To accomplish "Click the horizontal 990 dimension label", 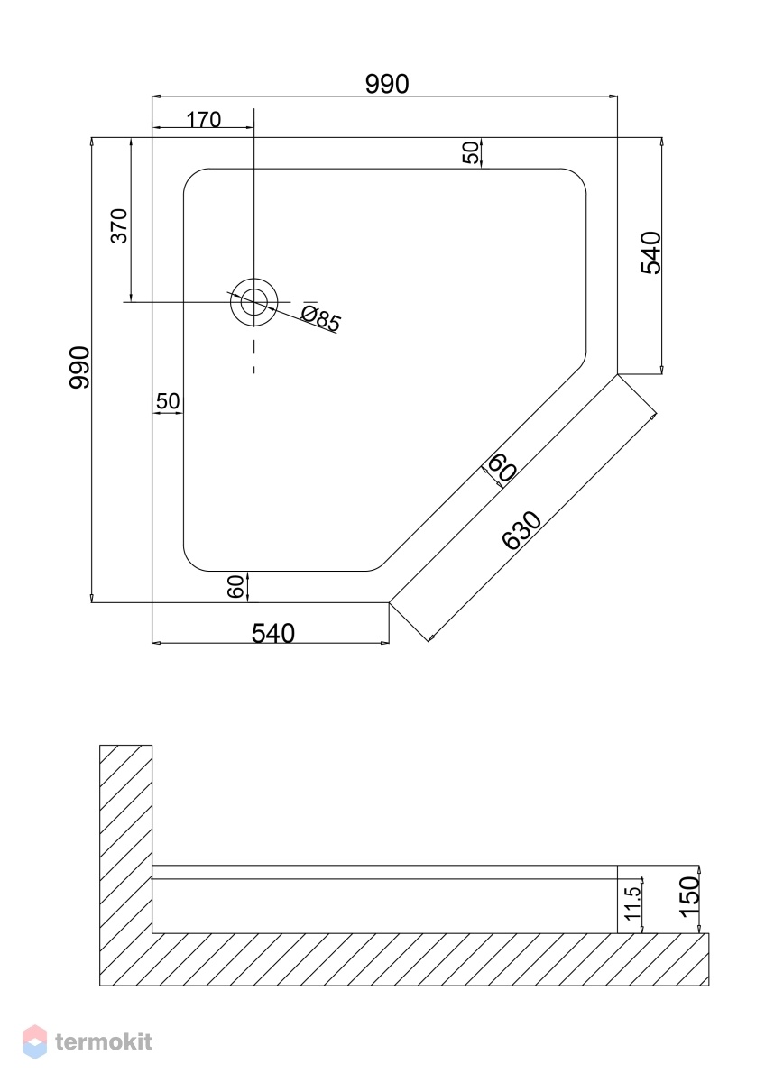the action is pos(387,84).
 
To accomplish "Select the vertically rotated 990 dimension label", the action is pos(79,368).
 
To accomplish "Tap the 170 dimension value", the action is pos(204,119).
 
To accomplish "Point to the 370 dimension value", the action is pos(119,225).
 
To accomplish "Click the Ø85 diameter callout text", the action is pos(321,319).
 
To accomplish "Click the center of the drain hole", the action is pos(254,302).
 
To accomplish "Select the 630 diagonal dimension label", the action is pos(521,530).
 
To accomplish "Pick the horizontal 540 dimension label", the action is pos(273,633).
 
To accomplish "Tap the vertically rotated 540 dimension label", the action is pos(650,252).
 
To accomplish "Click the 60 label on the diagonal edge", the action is pos(502,469).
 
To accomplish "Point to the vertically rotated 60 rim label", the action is pos(235,586).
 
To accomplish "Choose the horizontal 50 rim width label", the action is pos(168,401).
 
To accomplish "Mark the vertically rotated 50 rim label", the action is pos(470,152).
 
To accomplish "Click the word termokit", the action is pos(104,1042).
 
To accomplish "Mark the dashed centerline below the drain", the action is pos(254,356).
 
